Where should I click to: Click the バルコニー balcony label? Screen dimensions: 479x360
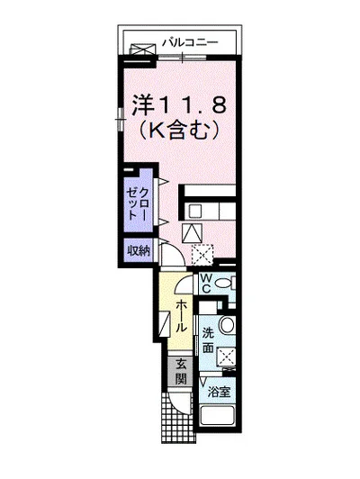point(193,41)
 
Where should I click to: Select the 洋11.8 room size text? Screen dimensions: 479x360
point(177,104)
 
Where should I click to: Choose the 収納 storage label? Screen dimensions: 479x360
point(138,249)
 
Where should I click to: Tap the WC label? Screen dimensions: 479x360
point(205,284)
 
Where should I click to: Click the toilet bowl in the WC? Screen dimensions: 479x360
point(226,284)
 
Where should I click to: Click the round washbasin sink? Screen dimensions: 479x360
point(226,327)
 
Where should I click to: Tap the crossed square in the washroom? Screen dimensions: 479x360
point(226,357)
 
